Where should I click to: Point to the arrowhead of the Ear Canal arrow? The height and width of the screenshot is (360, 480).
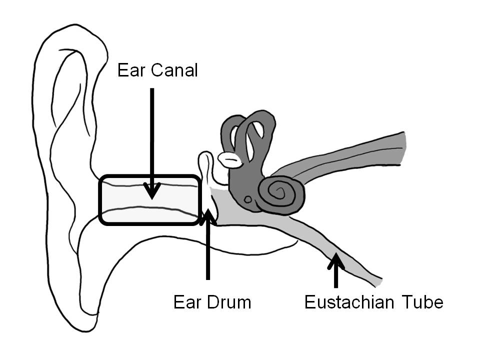152,191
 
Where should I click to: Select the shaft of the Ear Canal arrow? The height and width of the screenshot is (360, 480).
152,135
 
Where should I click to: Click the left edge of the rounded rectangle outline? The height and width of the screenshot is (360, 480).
100,200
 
